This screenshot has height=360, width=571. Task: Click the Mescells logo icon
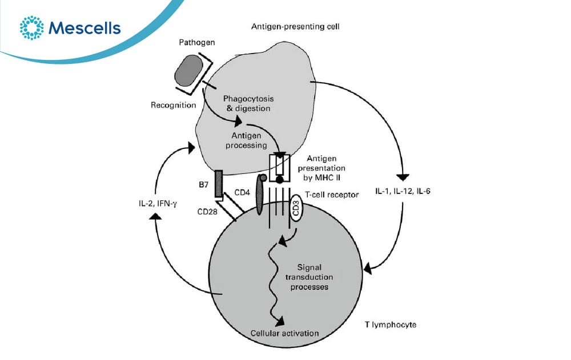click(31, 27)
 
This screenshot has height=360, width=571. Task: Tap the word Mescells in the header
click(85, 28)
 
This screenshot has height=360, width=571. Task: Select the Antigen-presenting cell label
click(295, 27)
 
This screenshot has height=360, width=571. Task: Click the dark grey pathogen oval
click(189, 70)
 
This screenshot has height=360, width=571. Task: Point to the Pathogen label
click(196, 42)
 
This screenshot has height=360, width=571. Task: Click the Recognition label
click(174, 105)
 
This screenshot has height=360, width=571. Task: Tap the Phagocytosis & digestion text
click(248, 103)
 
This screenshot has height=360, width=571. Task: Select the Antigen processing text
click(246, 140)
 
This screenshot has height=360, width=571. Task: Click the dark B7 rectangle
click(219, 184)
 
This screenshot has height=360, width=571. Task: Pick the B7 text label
click(204, 184)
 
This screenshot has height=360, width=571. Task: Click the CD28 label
click(207, 212)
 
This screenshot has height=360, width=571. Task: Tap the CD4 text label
click(242, 192)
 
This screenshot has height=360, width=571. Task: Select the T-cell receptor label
click(332, 195)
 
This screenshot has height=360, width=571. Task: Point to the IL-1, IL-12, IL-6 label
click(403, 191)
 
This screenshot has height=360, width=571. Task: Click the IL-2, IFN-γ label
click(158, 204)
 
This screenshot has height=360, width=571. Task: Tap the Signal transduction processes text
click(309, 277)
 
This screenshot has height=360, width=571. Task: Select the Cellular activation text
click(284, 333)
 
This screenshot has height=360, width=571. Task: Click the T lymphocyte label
click(391, 324)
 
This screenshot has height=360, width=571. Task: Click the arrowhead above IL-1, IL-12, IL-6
click(403, 177)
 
